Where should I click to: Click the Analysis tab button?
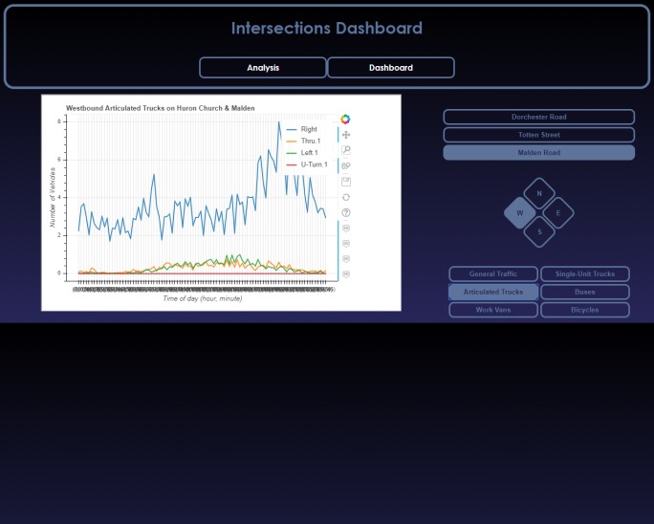(263, 68)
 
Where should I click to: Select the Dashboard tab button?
(391, 68)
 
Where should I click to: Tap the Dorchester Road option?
(538, 117)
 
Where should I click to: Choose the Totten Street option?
(538, 135)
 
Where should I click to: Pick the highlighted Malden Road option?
(538, 153)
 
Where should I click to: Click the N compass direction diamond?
(539, 193)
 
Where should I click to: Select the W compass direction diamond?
(520, 213)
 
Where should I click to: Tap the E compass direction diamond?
(558, 213)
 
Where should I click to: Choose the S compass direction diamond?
(539, 231)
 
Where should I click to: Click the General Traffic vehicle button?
(493, 274)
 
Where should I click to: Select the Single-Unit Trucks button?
(585, 274)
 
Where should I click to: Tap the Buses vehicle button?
(585, 292)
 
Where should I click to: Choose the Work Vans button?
(493, 310)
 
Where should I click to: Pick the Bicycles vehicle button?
(585, 310)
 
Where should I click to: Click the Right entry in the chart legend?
(308, 129)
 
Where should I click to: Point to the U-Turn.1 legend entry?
(314, 164)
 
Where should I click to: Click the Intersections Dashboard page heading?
(326, 28)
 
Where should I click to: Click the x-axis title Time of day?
(202, 298)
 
